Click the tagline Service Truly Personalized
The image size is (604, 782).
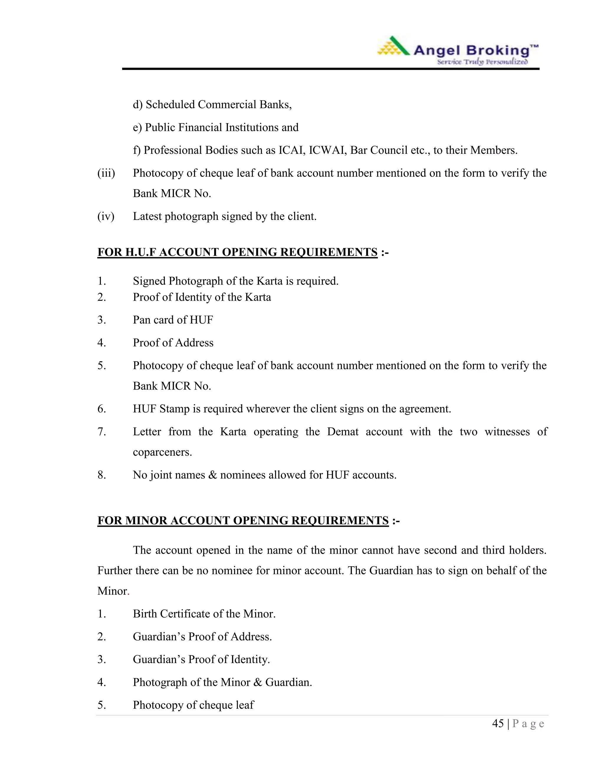tap(482, 62)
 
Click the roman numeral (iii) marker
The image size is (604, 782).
tap(106, 173)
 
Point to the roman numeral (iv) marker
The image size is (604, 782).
tap(106, 216)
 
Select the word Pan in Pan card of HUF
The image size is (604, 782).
tap(141, 320)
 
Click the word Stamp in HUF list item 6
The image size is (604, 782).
tap(174, 409)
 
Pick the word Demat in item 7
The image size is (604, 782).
tap(342, 432)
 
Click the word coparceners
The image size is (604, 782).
tap(162, 452)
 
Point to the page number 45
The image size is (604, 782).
tap(498, 724)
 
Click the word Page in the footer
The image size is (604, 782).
tap(528, 724)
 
